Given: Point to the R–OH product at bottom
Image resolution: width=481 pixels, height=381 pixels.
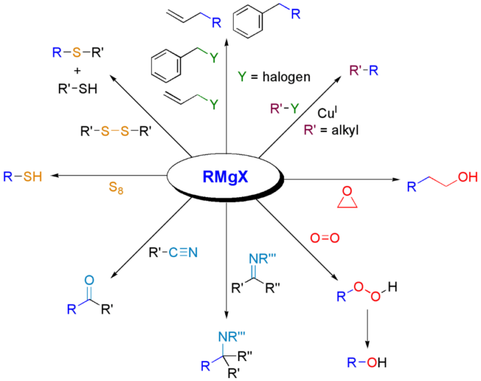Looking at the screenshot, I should tap(366, 362).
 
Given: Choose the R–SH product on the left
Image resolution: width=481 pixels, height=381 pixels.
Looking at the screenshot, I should tap(22, 177).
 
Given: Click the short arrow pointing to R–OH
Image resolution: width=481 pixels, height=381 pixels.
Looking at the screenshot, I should tap(367, 328).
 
